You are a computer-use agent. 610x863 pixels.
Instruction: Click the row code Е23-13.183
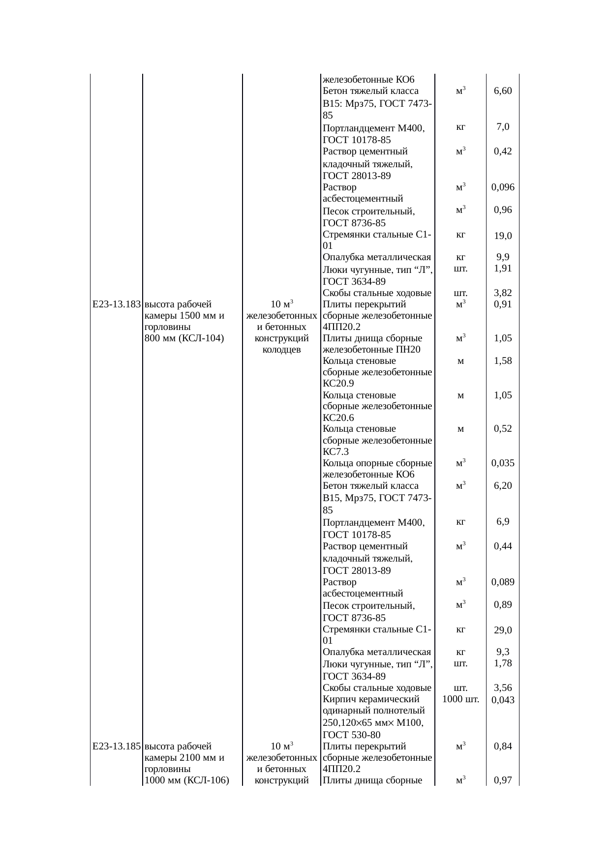pyautogui.click(x=117, y=304)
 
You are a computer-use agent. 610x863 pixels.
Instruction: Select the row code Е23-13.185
pyautogui.click(x=117, y=746)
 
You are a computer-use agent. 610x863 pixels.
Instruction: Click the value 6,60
pyautogui.click(x=503, y=91)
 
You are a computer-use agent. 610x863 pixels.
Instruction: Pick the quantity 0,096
pyautogui.click(x=503, y=187)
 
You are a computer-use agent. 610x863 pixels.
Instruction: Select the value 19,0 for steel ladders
pyautogui.click(x=503, y=236)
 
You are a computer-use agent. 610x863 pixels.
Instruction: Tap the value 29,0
pyautogui.click(x=503, y=630)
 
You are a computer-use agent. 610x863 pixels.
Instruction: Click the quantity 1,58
pyautogui.click(x=503, y=361)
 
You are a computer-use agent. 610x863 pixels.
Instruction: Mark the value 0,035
pyautogui.click(x=503, y=463)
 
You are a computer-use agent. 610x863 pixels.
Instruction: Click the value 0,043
pyautogui.click(x=503, y=700)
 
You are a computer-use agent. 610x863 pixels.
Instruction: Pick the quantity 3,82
pyautogui.click(x=503, y=294)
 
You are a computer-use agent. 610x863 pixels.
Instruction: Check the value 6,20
pyautogui.click(x=503, y=486)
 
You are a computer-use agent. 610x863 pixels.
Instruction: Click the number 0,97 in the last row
pyautogui.click(x=503, y=780)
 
